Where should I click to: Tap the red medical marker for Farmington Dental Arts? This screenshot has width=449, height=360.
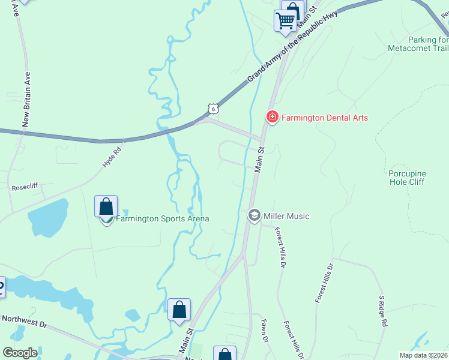click(272, 116)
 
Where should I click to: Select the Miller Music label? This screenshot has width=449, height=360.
click(286, 216)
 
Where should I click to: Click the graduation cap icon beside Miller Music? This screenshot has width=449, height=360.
click(254, 215)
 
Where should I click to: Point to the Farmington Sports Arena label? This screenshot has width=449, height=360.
click(162, 218)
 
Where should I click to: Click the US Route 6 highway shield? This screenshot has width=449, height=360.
click(212, 108)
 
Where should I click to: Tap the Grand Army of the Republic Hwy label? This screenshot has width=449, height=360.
click(292, 46)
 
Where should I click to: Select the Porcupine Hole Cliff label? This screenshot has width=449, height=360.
click(407, 178)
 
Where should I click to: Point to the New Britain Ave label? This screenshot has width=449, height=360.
click(26, 99)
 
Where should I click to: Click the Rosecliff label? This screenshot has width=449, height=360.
click(25, 187)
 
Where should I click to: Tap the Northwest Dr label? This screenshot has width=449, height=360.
click(24, 322)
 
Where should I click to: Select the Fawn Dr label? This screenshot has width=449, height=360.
click(264, 331)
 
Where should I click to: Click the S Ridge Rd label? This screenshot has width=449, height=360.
click(382, 311)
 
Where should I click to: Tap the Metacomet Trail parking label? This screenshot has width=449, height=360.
click(418, 43)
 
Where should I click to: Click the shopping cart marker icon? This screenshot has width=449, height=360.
click(286, 20)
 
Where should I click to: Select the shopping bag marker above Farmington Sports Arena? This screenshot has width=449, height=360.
click(106, 206)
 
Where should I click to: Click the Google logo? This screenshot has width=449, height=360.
click(20, 353)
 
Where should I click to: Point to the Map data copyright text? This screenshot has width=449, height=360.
click(423, 355)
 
